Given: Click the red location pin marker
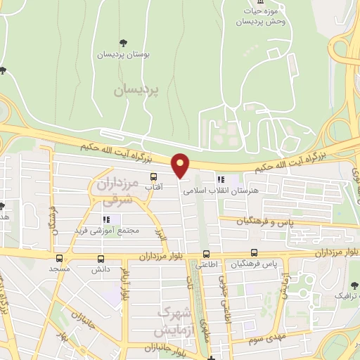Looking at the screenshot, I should (181, 165).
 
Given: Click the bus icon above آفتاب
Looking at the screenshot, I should (153, 177).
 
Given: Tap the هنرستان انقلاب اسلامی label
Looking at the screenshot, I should (250, 191).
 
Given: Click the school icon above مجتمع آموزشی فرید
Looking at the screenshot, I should (107, 219).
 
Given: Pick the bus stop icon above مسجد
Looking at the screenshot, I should (60, 258).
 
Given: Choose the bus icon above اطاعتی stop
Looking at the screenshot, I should (206, 255).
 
